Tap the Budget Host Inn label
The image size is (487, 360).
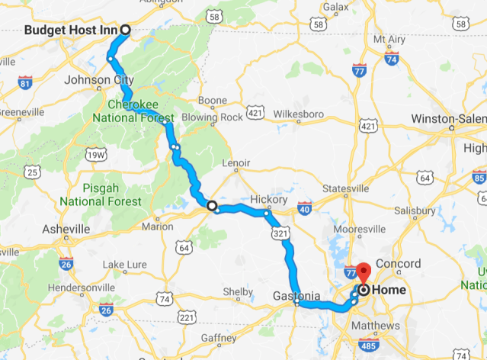click(71, 31)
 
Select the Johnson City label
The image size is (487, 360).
click(101, 79)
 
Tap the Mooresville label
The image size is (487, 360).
click(357, 228)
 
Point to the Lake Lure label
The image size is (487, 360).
click(123, 264)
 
